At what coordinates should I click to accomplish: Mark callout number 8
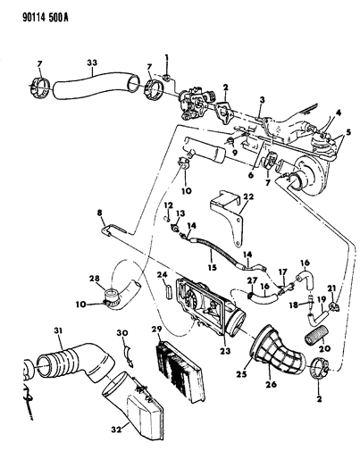pyautogui.click(x=100, y=215)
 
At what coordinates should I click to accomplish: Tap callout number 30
pyautogui.click(x=122, y=335)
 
